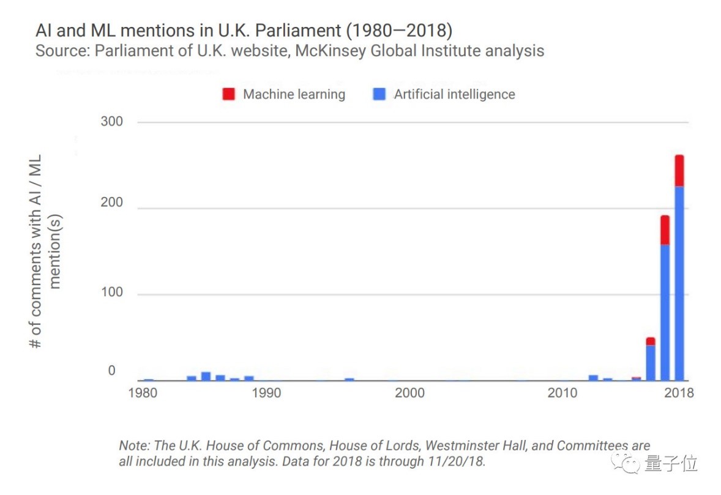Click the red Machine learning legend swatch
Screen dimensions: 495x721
pyautogui.click(x=228, y=95)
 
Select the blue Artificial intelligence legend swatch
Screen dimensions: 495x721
pyautogui.click(x=379, y=95)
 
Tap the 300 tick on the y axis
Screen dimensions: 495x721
pyautogui.click(x=111, y=122)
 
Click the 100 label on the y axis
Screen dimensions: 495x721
pyautogui.click(x=111, y=293)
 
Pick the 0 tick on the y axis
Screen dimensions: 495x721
pyautogui.click(x=111, y=371)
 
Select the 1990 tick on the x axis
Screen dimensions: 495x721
pyautogui.click(x=266, y=393)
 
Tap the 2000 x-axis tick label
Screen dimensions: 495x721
pyautogui.click(x=409, y=393)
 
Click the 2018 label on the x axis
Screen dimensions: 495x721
pyautogui.click(x=679, y=393)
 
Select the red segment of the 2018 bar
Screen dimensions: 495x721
pyautogui.click(x=679, y=171)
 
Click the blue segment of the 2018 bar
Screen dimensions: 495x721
pyautogui.click(x=679, y=281)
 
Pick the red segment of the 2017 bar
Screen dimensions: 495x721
pyautogui.click(x=665, y=229)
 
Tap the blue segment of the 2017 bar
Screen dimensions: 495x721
pyautogui.click(x=665, y=312)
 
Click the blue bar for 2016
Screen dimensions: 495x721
pyautogui.click(x=651, y=363)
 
